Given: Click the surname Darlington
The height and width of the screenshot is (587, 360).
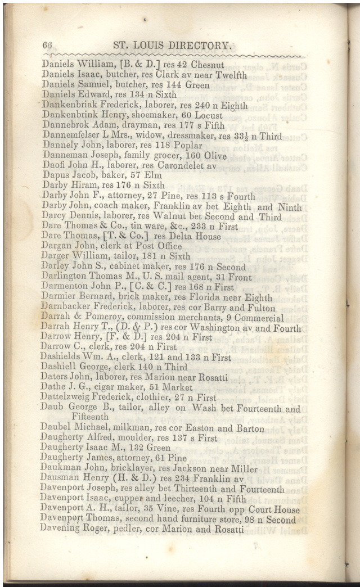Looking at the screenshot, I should click(64, 277).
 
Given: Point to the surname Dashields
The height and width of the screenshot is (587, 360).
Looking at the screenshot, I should click(61, 357).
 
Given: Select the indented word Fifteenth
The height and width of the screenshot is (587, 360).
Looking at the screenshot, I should click(90, 417).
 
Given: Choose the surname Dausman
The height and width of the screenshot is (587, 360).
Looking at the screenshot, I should click(60, 478).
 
